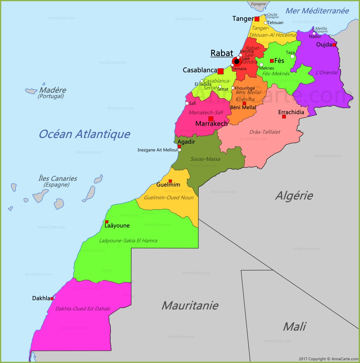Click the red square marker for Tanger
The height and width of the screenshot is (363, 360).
(257, 19)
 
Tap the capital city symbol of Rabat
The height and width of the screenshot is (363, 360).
(237, 62)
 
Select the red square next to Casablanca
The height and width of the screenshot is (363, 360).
(220, 71)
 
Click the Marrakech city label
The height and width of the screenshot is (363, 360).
(211, 124)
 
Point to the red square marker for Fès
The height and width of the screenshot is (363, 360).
(272, 61)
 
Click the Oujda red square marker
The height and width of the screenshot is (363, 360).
(334, 45)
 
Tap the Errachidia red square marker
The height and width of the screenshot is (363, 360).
(284, 117)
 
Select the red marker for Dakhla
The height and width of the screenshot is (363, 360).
(52, 299)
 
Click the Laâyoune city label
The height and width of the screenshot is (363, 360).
(117, 226)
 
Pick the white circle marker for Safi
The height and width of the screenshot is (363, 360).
(187, 103)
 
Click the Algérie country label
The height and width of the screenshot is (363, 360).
(294, 196)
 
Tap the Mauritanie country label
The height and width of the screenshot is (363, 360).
(190, 305)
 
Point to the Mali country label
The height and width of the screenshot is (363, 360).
(294, 326)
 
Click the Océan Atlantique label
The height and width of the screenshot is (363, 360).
(84, 134)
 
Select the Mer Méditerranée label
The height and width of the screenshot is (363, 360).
(317, 11)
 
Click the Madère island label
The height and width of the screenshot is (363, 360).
(53, 90)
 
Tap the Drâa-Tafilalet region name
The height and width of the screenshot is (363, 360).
(265, 132)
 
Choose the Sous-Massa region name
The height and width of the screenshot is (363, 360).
(205, 159)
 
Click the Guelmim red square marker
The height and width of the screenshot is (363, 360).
(170, 181)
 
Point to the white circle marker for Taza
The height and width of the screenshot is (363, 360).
(292, 57)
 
